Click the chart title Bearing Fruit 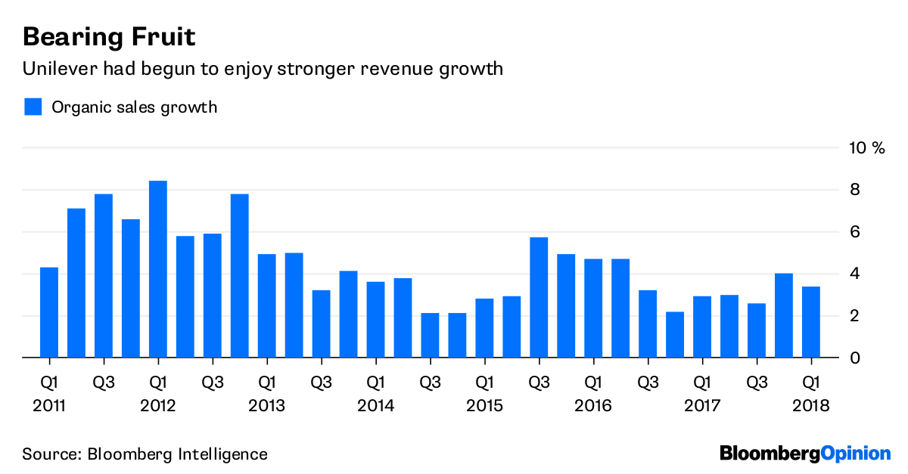pos(110,36)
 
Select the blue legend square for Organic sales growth pos(33,107)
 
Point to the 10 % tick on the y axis pos(866,147)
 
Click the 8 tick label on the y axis pos(854,190)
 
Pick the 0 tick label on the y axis pos(854,358)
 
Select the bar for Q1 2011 pos(49,312)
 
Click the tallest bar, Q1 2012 pos(158,269)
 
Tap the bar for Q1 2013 pos(266,305)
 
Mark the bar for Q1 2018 pos(810,322)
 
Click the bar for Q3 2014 pos(430,335)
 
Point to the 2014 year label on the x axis pos(375,406)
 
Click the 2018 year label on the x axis pos(810,406)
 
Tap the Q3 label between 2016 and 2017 pos(648,382)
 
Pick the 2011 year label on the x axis pos(49,406)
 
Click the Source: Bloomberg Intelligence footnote pos(145,454)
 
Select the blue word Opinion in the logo pos(856,454)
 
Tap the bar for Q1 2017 pos(702,327)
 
